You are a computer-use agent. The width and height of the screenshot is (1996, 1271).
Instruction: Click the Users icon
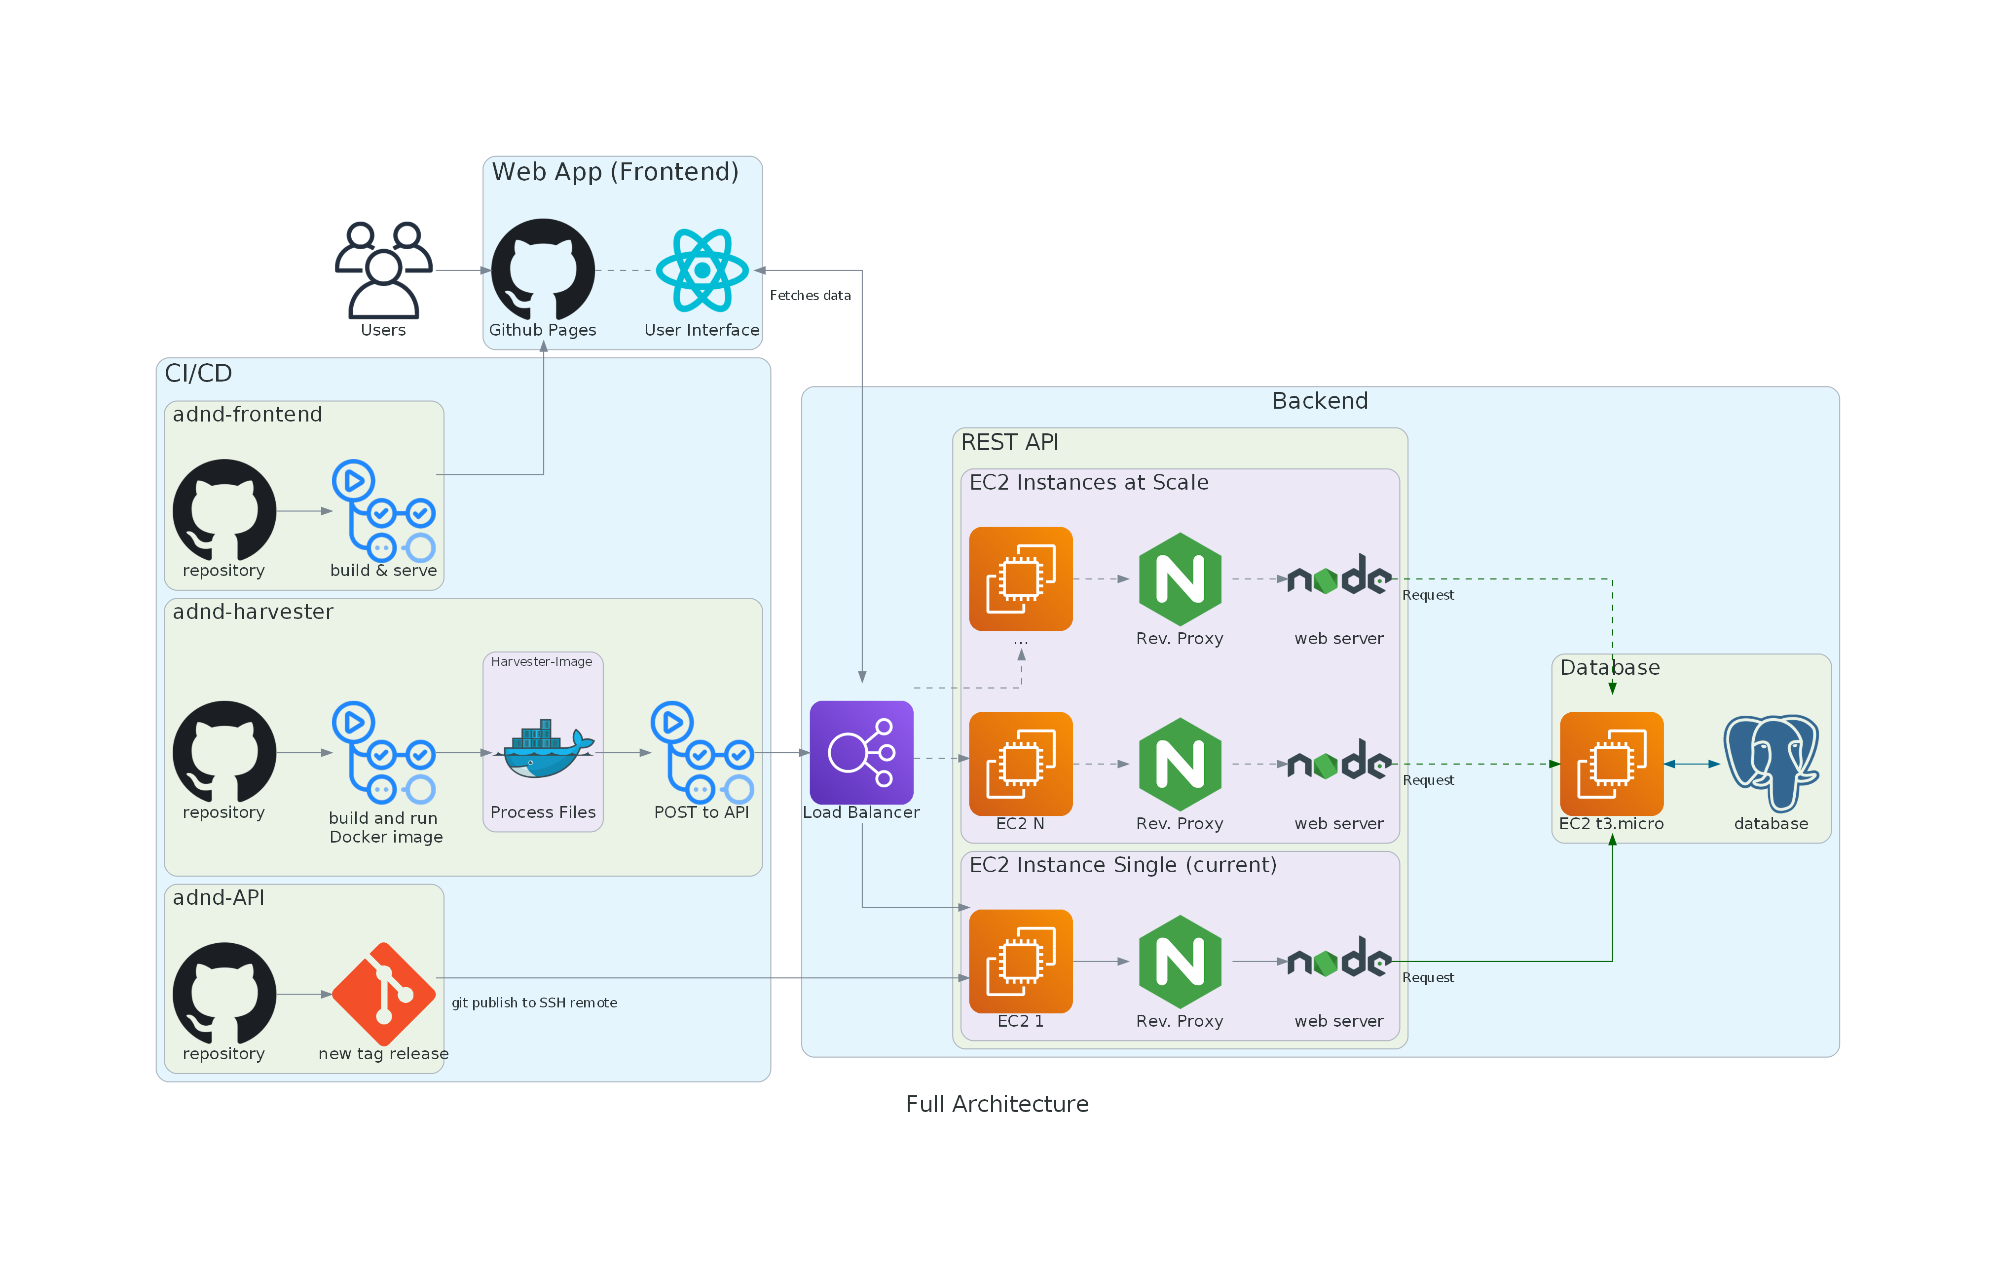coord(383,270)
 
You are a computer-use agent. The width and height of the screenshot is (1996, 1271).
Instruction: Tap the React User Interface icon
coord(702,270)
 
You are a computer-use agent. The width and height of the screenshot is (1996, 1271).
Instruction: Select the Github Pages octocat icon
coord(543,270)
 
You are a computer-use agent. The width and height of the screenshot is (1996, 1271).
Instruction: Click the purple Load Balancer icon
coord(861,752)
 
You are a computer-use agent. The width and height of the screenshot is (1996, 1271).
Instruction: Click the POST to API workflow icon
coord(702,752)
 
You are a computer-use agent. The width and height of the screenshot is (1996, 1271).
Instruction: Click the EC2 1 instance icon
coord(1020,961)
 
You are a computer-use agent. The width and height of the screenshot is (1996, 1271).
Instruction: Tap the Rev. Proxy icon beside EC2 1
coord(1180,961)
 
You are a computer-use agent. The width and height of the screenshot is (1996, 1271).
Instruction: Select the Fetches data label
coord(810,295)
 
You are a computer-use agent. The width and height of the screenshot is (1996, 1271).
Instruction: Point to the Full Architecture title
coord(997,1104)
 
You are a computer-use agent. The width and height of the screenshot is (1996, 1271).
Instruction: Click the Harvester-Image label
coord(541,661)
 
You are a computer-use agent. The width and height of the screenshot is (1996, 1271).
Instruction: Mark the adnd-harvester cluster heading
coord(253,612)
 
